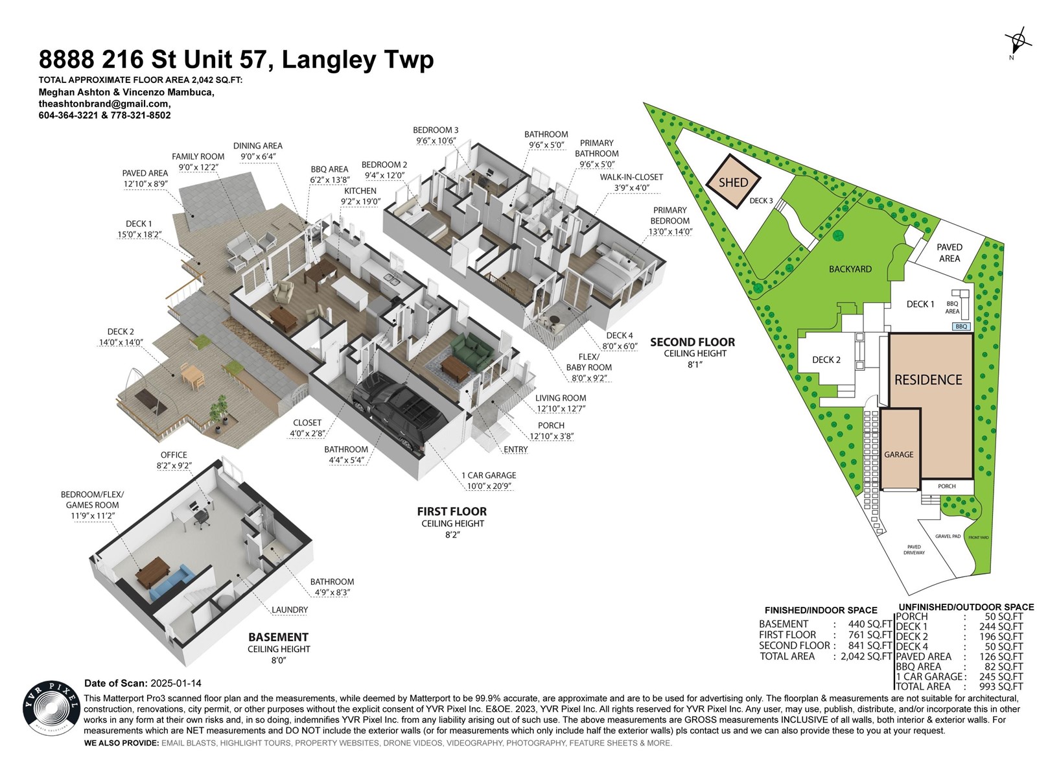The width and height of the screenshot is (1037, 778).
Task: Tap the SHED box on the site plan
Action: click(733, 182)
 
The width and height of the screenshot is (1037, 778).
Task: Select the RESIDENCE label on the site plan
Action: click(928, 380)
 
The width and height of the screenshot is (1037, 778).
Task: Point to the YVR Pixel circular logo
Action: click(51, 708)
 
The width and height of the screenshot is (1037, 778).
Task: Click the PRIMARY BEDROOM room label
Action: click(670, 215)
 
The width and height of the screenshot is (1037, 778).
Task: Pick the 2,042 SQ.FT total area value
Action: click(866, 656)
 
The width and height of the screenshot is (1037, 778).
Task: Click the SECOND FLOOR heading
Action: click(692, 342)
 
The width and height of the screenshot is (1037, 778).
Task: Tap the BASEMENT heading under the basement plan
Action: click(278, 637)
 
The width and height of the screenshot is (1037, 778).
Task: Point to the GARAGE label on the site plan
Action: click(898, 454)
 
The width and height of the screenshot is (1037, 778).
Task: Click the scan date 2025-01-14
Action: click(176, 683)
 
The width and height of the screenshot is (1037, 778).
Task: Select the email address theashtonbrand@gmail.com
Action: click(104, 104)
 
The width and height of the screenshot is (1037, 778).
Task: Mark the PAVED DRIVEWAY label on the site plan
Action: click(914, 550)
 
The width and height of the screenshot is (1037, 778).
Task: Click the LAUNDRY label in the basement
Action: click(290, 610)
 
